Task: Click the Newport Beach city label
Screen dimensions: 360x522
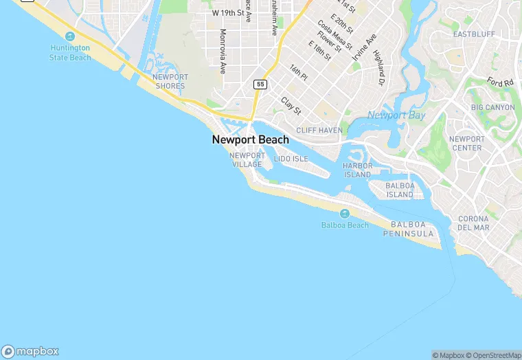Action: (x=251, y=139)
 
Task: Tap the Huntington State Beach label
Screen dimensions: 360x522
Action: (x=70, y=53)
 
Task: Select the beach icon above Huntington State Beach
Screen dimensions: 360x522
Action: (x=69, y=36)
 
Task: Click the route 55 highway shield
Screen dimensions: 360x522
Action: (x=260, y=84)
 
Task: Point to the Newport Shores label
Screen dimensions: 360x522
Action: (x=170, y=82)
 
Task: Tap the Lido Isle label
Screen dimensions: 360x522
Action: (x=291, y=159)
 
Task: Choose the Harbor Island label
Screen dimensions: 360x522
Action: (x=357, y=170)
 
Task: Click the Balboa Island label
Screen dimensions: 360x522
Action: (x=399, y=190)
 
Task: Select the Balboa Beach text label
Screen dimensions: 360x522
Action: (x=345, y=225)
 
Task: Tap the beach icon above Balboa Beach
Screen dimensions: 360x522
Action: (x=345, y=214)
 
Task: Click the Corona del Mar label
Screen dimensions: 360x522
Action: (x=473, y=223)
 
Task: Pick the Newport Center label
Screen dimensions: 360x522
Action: (x=467, y=143)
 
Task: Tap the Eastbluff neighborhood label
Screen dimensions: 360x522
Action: (x=475, y=34)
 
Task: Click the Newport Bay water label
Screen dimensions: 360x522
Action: (x=396, y=115)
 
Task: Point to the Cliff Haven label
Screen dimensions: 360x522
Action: (x=319, y=130)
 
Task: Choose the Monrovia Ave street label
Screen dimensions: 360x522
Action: (x=223, y=52)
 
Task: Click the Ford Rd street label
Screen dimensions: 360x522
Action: (x=500, y=82)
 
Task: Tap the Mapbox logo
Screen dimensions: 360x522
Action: (x=30, y=351)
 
